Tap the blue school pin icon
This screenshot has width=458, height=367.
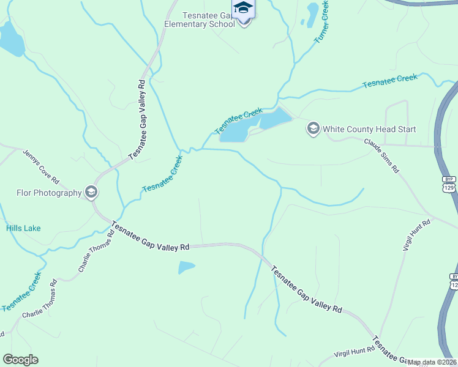(244, 9)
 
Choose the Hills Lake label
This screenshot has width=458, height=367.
(23, 228)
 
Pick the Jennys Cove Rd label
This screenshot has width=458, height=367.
(40, 166)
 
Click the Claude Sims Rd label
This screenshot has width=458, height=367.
(381, 155)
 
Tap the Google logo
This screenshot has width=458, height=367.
(20, 360)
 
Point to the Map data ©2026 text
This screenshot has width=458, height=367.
(431, 362)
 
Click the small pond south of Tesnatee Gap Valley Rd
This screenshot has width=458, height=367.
(186, 267)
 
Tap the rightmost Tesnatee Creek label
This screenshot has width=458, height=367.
(390, 81)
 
